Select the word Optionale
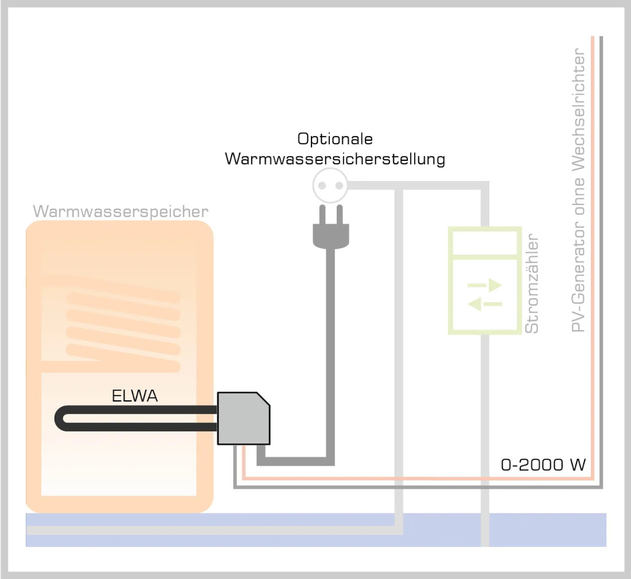coord(334,139)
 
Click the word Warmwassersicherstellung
coord(334,159)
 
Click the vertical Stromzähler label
coord(532,283)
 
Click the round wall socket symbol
coord(330,186)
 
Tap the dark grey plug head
coord(330,236)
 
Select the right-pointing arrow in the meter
coord(485,285)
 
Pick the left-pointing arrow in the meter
coord(485,304)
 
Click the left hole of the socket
coord(322,186)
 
